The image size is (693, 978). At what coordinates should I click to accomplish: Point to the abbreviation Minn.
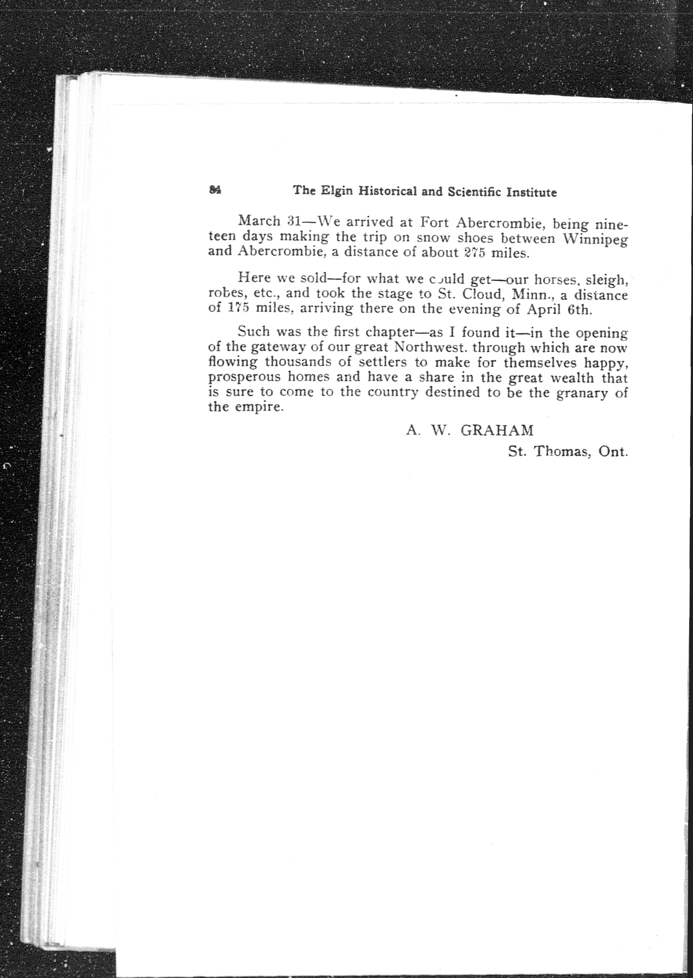click(x=532, y=295)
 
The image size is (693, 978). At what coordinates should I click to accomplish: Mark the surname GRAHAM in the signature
click(x=497, y=430)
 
